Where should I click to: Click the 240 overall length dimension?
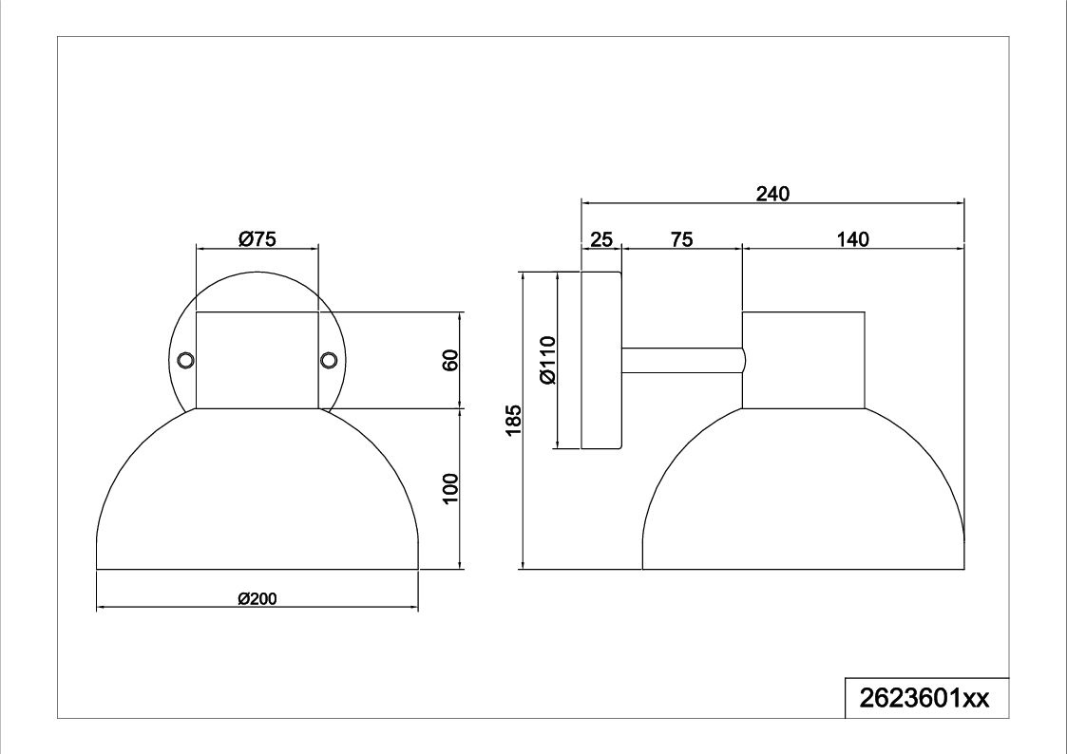coord(773,195)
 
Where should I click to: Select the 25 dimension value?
coord(601,240)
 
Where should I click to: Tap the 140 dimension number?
coord(852,239)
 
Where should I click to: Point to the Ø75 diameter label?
coord(257,239)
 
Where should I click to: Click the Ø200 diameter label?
coord(257,599)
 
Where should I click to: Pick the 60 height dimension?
coord(450,360)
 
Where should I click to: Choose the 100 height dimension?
coord(450,488)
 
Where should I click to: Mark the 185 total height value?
coord(513,420)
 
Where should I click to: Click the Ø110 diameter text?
coord(548,360)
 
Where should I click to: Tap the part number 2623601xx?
coord(924,698)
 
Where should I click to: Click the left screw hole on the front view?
coord(185,360)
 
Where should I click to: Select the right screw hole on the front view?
coord(329,360)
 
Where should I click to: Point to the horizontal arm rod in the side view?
coord(681,360)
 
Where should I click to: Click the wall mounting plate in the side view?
coord(600,360)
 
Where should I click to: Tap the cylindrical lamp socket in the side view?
coord(803,360)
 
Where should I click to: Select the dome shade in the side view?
coord(803,489)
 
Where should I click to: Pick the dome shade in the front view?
coord(257,489)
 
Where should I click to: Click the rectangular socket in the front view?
coord(257,360)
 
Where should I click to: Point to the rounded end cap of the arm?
coord(745,360)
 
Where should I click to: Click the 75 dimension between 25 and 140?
coord(681,239)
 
